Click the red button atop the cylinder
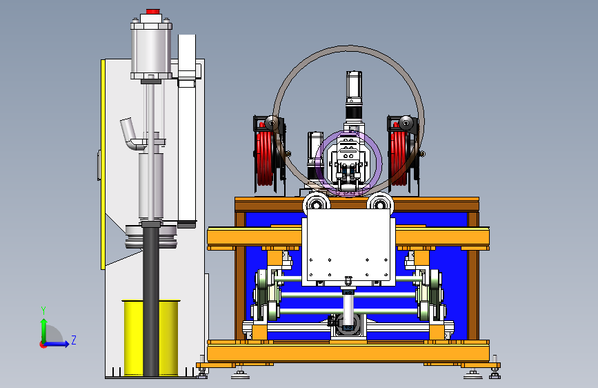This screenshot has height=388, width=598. [x=152, y=12]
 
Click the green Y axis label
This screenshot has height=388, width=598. [x=43, y=310]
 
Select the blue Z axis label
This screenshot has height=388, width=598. [x=74, y=340]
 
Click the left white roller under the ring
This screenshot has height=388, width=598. [x=316, y=202]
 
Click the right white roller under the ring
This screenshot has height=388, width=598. [x=380, y=202]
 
